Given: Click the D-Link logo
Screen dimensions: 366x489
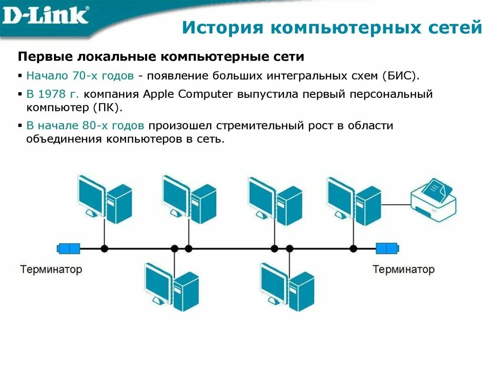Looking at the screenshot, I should click(46, 16).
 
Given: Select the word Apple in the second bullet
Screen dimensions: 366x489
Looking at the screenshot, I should click(159, 94).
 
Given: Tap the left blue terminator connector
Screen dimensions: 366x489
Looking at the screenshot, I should click(68, 248).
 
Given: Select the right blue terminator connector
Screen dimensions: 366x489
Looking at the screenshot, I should click(387, 248).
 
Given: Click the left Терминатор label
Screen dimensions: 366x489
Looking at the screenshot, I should click(51, 269).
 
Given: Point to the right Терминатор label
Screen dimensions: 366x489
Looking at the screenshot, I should click(404, 269).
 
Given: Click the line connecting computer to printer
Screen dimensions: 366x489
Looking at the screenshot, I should click(396, 204).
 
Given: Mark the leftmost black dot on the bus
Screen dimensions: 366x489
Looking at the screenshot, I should click(104, 248).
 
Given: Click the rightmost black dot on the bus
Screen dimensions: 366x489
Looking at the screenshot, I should click(353, 248).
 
